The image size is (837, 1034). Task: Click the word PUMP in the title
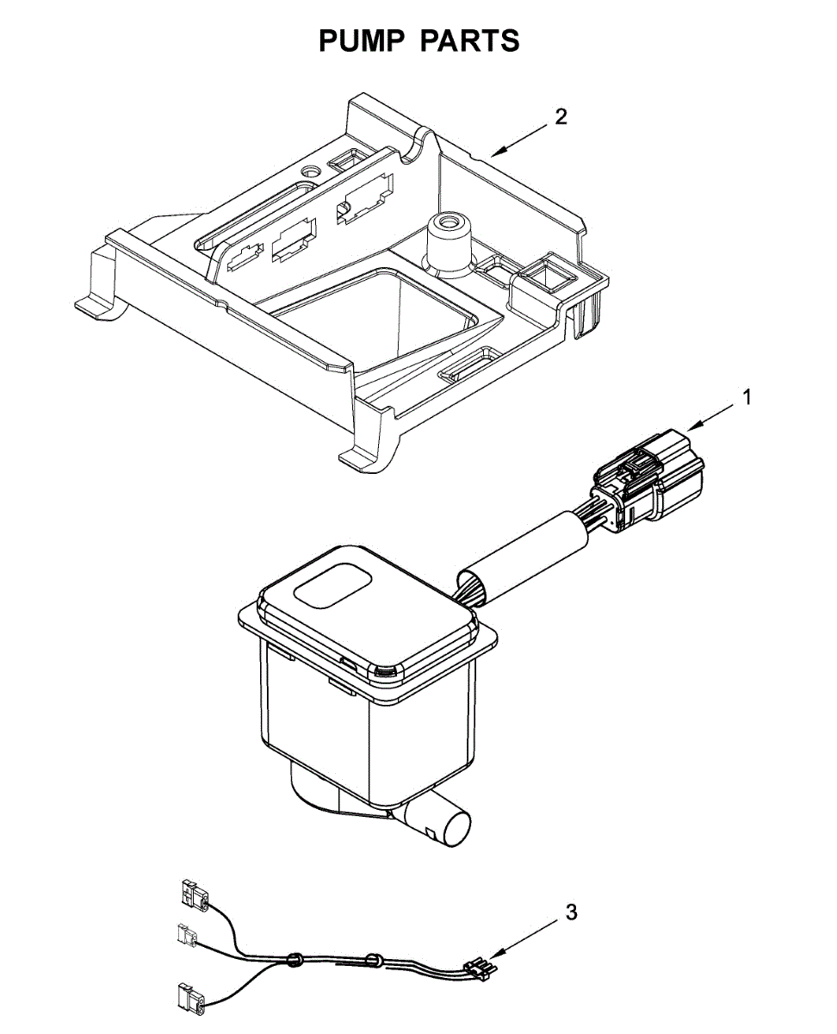pos(361,40)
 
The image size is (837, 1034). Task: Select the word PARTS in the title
pos(470,40)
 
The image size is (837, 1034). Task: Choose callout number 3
pos(572,913)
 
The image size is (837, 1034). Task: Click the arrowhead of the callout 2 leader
pos(495,153)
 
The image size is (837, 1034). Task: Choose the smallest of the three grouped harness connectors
pos(186,933)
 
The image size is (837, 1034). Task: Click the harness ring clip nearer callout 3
pos(374,958)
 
